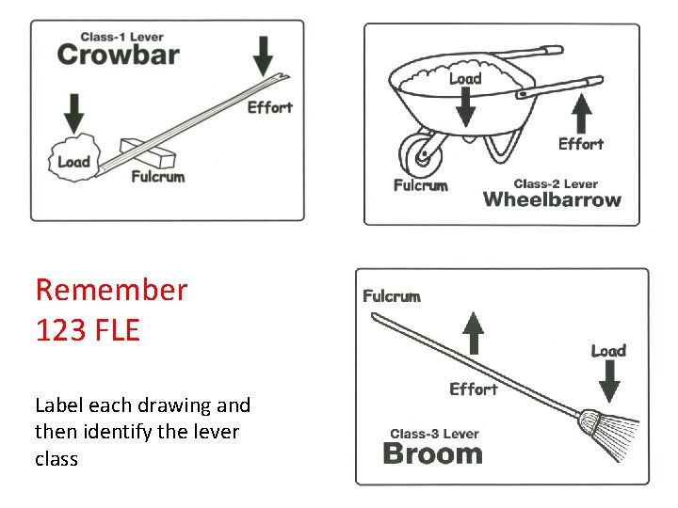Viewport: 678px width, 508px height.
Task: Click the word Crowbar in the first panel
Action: tap(118, 54)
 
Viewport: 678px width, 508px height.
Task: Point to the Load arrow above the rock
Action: tap(73, 111)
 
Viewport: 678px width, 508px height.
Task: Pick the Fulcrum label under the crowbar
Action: tap(157, 176)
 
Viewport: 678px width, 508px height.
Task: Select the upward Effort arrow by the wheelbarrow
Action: tap(581, 114)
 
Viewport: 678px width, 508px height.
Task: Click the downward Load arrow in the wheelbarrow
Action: tap(465, 110)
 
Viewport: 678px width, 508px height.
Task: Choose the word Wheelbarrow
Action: tap(552, 199)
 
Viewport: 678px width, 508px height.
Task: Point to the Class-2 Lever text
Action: tap(556, 183)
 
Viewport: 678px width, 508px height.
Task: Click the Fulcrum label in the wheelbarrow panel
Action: tap(420, 185)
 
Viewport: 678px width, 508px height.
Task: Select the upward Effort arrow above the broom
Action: tap(474, 335)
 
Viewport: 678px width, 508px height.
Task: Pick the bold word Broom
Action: tap(433, 453)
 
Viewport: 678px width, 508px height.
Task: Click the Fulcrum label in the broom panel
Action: tap(392, 296)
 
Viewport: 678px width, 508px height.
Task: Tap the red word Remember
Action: tap(111, 290)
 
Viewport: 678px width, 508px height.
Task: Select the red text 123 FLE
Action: tap(88, 330)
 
